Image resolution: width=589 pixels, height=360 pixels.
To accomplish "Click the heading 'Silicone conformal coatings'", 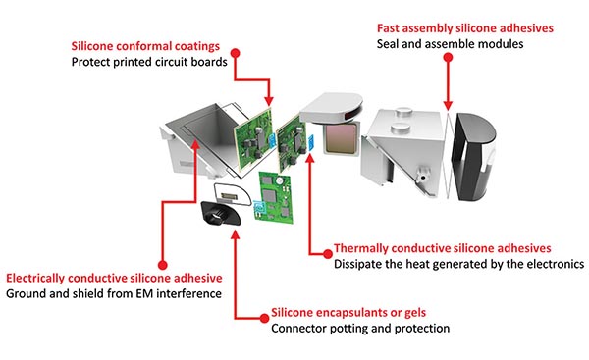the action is tap(145, 46).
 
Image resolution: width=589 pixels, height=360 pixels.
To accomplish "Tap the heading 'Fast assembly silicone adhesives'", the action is tap(465, 28).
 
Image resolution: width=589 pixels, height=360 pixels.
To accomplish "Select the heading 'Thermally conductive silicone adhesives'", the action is tap(442, 248).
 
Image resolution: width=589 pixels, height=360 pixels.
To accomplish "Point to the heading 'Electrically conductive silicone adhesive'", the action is tap(114, 278).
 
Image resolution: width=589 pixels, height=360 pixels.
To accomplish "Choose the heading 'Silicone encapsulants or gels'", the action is tap(348, 312).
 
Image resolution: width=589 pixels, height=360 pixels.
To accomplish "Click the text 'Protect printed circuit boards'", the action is tap(149, 62).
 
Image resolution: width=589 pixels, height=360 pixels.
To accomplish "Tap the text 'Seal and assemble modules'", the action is tap(450, 44).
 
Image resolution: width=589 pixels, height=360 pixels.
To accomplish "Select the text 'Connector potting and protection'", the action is tap(360, 328).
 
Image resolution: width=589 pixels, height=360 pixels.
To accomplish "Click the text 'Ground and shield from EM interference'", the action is tap(114, 293).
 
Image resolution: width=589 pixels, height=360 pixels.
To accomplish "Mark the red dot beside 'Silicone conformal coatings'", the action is tap(236, 53).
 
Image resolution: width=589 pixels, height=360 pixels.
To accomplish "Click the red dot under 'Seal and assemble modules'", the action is tap(448, 58).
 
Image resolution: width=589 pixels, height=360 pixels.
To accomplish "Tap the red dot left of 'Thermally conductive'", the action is tap(328, 254).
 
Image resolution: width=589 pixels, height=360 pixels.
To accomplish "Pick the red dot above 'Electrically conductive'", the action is tap(162, 265).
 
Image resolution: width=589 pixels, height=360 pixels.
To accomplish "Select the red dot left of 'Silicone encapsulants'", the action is tap(264, 319).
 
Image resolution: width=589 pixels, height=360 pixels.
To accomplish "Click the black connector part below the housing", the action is tap(220, 213).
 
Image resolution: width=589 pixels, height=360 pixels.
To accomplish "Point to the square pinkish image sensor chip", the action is tap(341, 139).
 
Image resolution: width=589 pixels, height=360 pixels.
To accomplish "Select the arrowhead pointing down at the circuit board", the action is tap(269, 101).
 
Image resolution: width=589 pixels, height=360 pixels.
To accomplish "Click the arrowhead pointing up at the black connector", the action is tap(236, 235).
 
